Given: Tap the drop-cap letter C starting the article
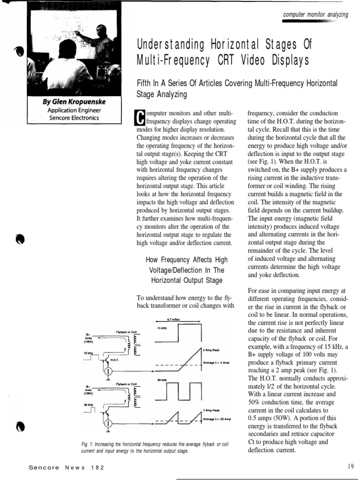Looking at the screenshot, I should [x=138, y=117].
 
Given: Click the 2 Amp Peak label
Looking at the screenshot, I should [x=212, y=350].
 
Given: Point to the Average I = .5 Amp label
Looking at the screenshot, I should [x=217, y=362].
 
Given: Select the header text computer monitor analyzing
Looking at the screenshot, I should [x=316, y=15].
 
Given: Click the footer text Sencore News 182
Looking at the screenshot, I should [x=66, y=467].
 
